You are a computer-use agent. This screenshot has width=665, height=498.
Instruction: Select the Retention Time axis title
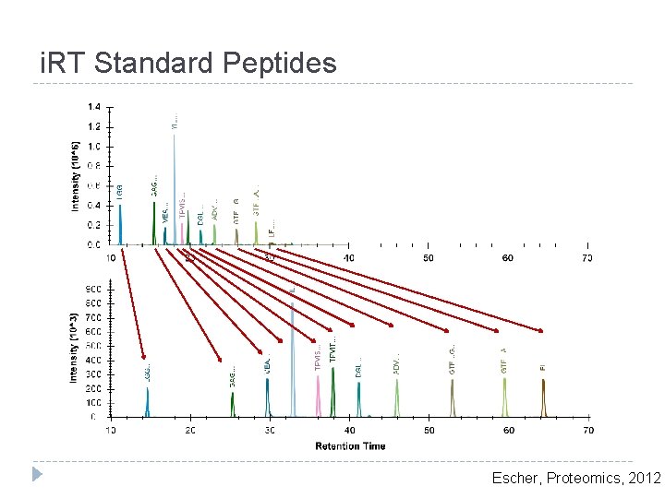[350, 446]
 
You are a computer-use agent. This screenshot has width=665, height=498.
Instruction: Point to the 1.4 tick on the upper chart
[94, 107]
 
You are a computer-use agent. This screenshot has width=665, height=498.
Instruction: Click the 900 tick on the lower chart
[94, 289]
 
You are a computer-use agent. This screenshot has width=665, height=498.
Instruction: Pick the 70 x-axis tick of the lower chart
[587, 430]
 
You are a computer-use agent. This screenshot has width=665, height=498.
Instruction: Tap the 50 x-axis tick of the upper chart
[429, 257]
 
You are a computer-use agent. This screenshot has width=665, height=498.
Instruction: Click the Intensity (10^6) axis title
[75, 175]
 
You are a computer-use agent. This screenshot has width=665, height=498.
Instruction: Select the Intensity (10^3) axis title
[75, 348]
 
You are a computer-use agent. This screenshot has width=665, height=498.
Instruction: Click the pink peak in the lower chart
[319, 397]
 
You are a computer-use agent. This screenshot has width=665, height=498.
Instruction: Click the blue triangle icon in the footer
[37, 475]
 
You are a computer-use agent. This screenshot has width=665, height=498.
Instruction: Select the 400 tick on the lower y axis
[94, 360]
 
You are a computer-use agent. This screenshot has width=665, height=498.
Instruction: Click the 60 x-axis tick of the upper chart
[508, 257]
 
